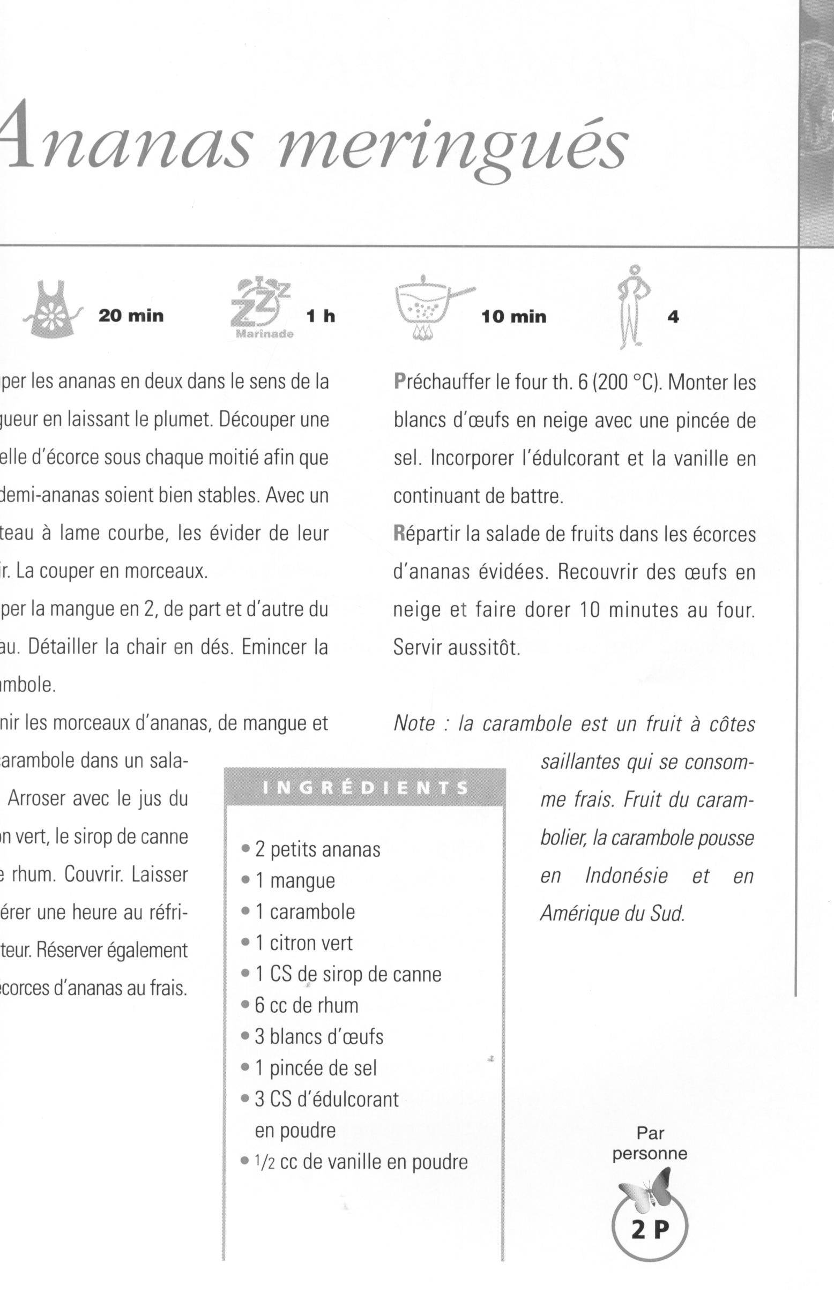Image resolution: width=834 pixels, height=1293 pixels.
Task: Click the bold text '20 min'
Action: (x=131, y=316)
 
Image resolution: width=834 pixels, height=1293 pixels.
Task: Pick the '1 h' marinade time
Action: (x=321, y=316)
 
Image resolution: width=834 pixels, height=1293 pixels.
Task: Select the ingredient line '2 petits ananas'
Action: (x=318, y=849)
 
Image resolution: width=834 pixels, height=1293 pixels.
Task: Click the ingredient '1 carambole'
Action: (x=305, y=912)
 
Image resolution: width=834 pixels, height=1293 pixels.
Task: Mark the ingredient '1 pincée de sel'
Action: (x=316, y=1068)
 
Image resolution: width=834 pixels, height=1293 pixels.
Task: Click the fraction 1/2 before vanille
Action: (x=264, y=1162)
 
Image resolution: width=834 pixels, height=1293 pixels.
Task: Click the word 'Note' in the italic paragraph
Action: (x=414, y=724)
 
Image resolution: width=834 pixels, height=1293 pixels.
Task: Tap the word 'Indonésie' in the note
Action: (x=626, y=876)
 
